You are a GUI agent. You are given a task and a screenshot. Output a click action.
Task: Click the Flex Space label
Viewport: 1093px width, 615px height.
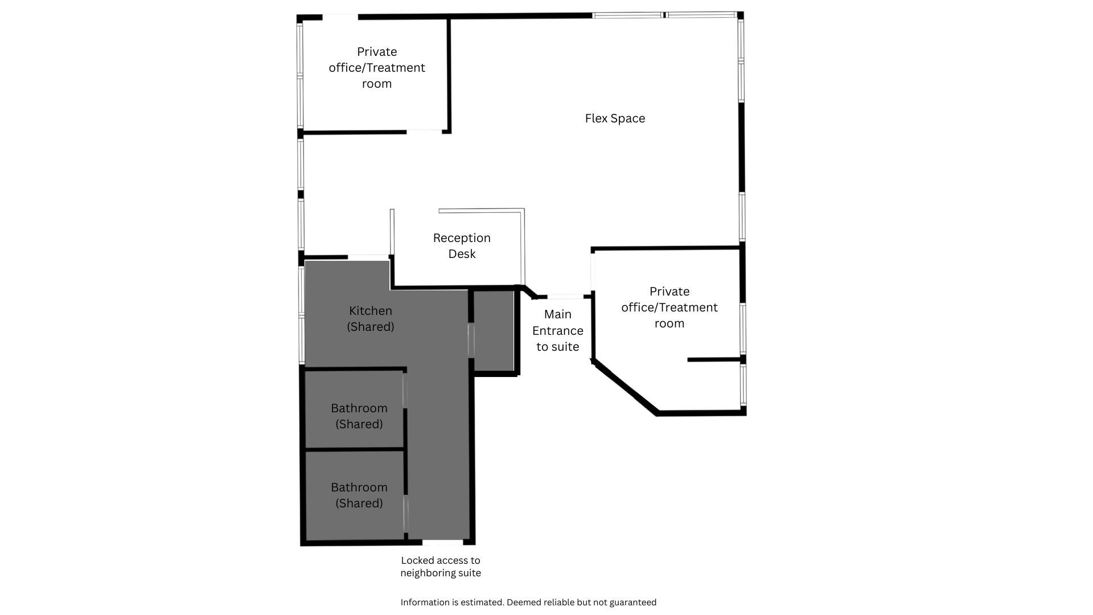[615, 118]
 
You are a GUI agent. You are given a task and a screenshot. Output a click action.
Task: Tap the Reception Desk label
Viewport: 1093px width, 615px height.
[462, 245]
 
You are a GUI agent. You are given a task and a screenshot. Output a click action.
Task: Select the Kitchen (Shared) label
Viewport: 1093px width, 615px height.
[371, 318]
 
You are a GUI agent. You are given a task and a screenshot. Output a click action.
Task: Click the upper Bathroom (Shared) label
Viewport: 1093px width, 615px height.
[359, 416]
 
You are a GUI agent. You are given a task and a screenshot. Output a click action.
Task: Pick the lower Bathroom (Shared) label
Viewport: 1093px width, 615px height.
[359, 495]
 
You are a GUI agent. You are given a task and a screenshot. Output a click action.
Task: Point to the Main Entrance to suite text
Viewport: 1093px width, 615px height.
[558, 330]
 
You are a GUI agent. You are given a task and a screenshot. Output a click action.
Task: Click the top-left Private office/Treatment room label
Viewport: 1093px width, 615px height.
[377, 67]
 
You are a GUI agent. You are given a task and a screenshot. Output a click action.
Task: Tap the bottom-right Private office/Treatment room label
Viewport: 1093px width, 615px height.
[669, 307]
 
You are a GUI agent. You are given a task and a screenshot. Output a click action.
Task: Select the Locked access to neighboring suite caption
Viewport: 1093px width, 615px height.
[441, 567]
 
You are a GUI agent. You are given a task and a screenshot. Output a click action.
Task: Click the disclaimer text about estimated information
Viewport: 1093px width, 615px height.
[528, 602]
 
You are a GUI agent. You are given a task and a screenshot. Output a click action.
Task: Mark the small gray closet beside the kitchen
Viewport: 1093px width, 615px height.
[494, 331]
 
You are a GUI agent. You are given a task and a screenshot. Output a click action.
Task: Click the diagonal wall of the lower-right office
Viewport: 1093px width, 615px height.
[626, 388]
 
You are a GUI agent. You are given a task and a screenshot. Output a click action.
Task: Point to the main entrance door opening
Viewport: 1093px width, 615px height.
[565, 297]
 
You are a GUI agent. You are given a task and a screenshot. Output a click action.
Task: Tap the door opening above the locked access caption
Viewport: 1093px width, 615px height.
[442, 542]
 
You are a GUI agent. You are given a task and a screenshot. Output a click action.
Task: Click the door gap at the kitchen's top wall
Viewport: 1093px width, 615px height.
[368, 257]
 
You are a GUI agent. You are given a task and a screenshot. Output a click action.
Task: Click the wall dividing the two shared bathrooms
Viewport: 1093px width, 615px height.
[355, 449]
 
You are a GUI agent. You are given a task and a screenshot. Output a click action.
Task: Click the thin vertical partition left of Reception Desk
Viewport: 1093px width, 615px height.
[392, 232]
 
